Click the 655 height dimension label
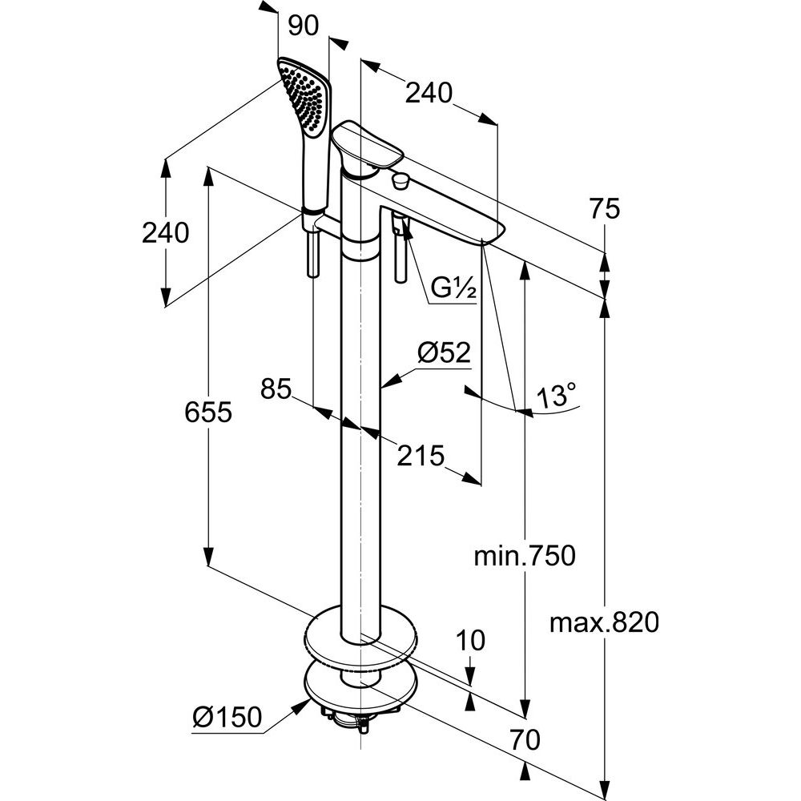pyautogui.click(x=207, y=413)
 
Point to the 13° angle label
pyautogui.click(x=557, y=396)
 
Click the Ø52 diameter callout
pyautogui.click(x=443, y=352)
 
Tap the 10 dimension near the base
pyautogui.click(x=472, y=641)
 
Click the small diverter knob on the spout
pyautogui.click(x=400, y=181)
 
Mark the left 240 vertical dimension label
pyautogui.click(x=165, y=233)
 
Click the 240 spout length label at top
pyautogui.click(x=429, y=94)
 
